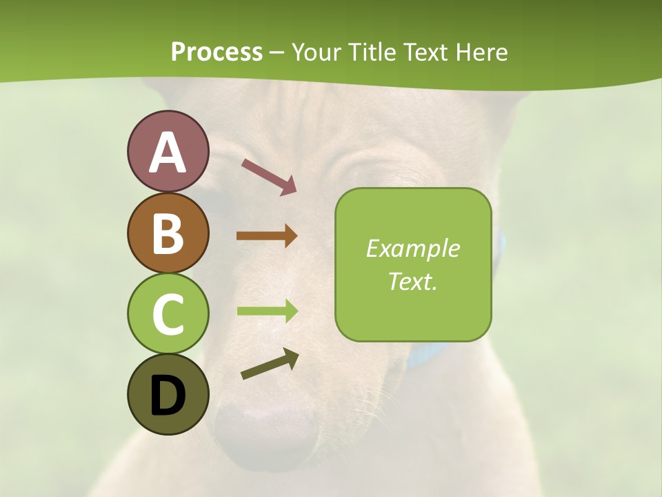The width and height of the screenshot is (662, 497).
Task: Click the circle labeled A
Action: pyautogui.click(x=168, y=151)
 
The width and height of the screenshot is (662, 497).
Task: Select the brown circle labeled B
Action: pyautogui.click(x=168, y=233)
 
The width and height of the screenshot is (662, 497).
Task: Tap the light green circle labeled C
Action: pyautogui.click(x=168, y=313)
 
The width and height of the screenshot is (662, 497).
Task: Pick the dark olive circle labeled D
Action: pyautogui.click(x=168, y=394)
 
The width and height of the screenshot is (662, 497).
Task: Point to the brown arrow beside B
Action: pyautogui.click(x=267, y=236)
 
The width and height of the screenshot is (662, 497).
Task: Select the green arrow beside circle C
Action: pyautogui.click(x=267, y=311)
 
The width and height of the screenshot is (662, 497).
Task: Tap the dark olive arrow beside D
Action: pyautogui.click(x=270, y=364)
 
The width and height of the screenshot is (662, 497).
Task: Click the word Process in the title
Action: pyautogui.click(x=217, y=52)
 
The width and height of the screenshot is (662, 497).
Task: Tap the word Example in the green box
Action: pyautogui.click(x=412, y=248)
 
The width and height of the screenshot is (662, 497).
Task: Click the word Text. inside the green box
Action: pyautogui.click(x=412, y=282)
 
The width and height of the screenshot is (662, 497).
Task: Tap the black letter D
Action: pyautogui.click(x=168, y=396)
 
